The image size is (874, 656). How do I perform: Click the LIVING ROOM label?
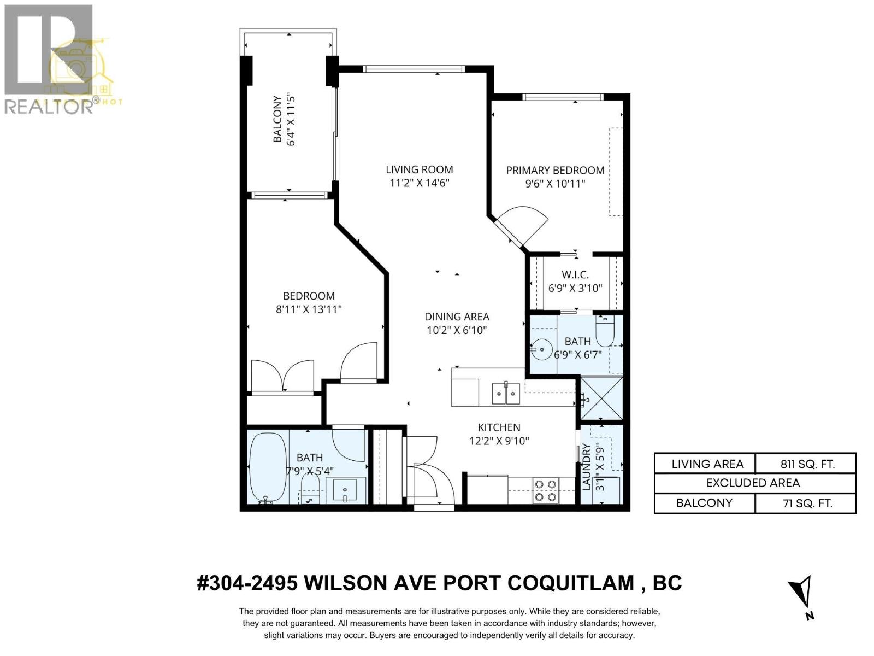tap(419, 169)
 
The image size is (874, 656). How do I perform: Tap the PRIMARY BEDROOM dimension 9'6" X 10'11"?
tap(555, 184)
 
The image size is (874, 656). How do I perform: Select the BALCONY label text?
tap(277, 120)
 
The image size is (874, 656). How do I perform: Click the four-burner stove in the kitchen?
tap(545, 490)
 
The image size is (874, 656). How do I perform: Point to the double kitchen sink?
tap(506, 393)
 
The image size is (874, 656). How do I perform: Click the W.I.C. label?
tap(575, 275)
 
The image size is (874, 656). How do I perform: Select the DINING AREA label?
tap(457, 317)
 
